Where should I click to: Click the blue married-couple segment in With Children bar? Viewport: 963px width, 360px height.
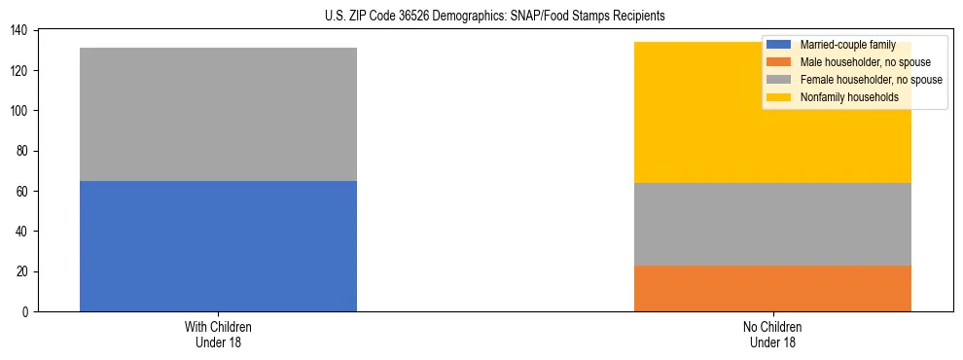coord(218,245)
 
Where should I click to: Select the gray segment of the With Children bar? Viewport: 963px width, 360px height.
coord(218,114)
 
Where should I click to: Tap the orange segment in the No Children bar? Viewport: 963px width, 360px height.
coord(772,288)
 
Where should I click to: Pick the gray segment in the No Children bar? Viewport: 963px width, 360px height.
coord(772,224)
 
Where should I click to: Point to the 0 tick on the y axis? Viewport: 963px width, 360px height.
coord(26,311)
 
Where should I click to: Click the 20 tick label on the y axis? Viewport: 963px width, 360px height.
coord(23,271)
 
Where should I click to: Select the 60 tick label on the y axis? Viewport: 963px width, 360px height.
coord(23,191)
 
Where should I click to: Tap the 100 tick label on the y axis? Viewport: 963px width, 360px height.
coord(20,111)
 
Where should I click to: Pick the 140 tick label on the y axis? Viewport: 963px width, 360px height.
coord(20,31)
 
